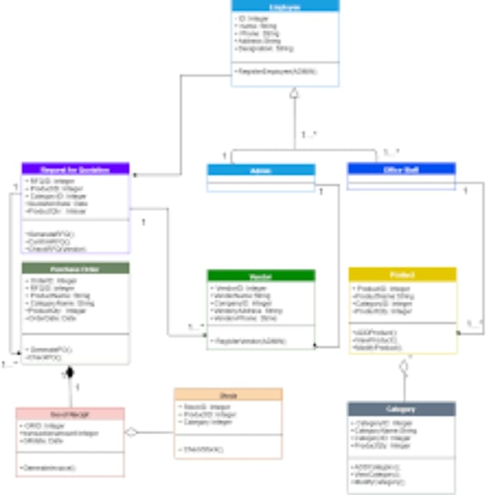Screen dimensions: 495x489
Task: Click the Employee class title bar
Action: coord(285,6)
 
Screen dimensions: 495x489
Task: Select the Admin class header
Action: coord(261,170)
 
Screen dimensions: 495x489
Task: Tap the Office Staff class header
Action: coord(401,169)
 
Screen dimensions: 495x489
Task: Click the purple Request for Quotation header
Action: coord(76,169)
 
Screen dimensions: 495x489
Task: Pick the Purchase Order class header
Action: coord(76,269)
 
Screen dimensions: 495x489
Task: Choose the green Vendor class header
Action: coord(261,275)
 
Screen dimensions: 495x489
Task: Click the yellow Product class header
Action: coord(403,274)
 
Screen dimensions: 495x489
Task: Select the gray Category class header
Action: coord(401,409)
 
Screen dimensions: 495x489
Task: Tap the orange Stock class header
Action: coord(228,394)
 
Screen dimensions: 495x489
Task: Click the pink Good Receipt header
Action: coord(70,415)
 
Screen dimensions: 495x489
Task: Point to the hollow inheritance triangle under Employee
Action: coord(293,93)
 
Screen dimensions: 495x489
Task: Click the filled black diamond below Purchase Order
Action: coord(70,373)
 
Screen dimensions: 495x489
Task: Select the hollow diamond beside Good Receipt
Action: coord(131,432)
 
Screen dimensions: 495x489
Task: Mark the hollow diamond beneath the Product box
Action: coord(403,366)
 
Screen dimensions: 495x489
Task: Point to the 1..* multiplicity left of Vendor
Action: coord(196,327)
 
